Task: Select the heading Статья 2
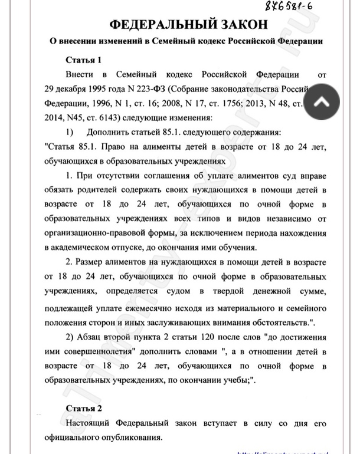click(84, 408)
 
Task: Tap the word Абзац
click(97, 337)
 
